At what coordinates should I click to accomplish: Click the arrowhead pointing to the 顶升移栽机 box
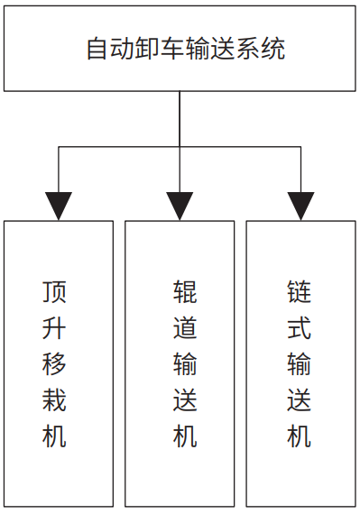(x=59, y=207)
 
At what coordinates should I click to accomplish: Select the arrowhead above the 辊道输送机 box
(x=180, y=207)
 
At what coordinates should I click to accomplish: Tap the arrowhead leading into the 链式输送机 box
(x=300, y=207)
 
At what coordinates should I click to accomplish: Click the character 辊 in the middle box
(x=185, y=291)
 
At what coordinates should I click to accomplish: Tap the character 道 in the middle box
(x=185, y=327)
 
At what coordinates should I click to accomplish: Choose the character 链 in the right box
(x=300, y=291)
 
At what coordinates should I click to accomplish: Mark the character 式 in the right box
(x=300, y=327)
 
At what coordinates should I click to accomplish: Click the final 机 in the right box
(x=300, y=437)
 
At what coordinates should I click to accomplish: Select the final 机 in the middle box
(x=185, y=437)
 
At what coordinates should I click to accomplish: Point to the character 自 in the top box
(x=97, y=48)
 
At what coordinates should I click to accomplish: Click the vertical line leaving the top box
(x=180, y=117)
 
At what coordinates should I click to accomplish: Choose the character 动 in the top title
(x=119, y=48)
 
